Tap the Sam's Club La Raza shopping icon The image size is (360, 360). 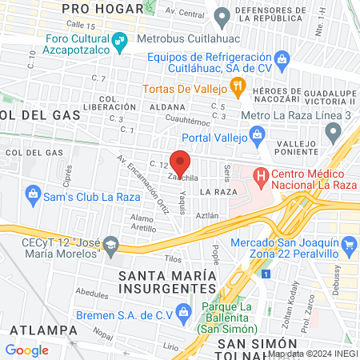point(33,192)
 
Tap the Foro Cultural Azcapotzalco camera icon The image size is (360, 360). point(118,41)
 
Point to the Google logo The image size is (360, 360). point(26,350)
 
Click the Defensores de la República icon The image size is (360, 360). point(222,14)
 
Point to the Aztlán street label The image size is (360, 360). point(207,215)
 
